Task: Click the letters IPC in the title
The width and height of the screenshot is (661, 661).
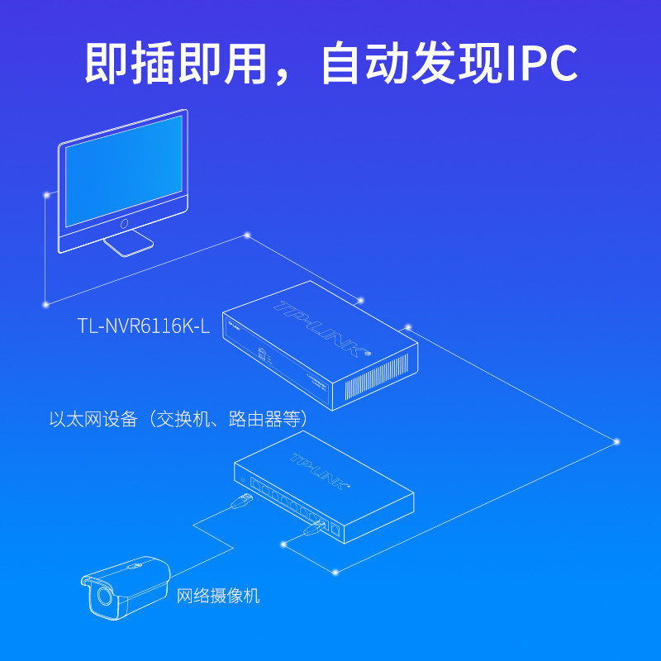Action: tap(541, 64)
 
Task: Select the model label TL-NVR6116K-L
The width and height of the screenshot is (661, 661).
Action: tap(145, 326)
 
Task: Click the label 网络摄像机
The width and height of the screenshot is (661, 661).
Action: tap(218, 595)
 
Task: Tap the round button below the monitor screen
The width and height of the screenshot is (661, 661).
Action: tap(125, 223)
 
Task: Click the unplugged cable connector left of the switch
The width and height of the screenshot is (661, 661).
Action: tap(244, 499)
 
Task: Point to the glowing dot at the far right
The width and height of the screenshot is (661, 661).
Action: tap(616, 441)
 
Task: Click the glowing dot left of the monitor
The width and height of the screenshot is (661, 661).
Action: tap(45, 196)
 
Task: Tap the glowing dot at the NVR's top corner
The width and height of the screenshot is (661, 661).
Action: tap(359, 299)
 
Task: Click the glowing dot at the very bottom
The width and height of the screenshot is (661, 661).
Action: tap(335, 571)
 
